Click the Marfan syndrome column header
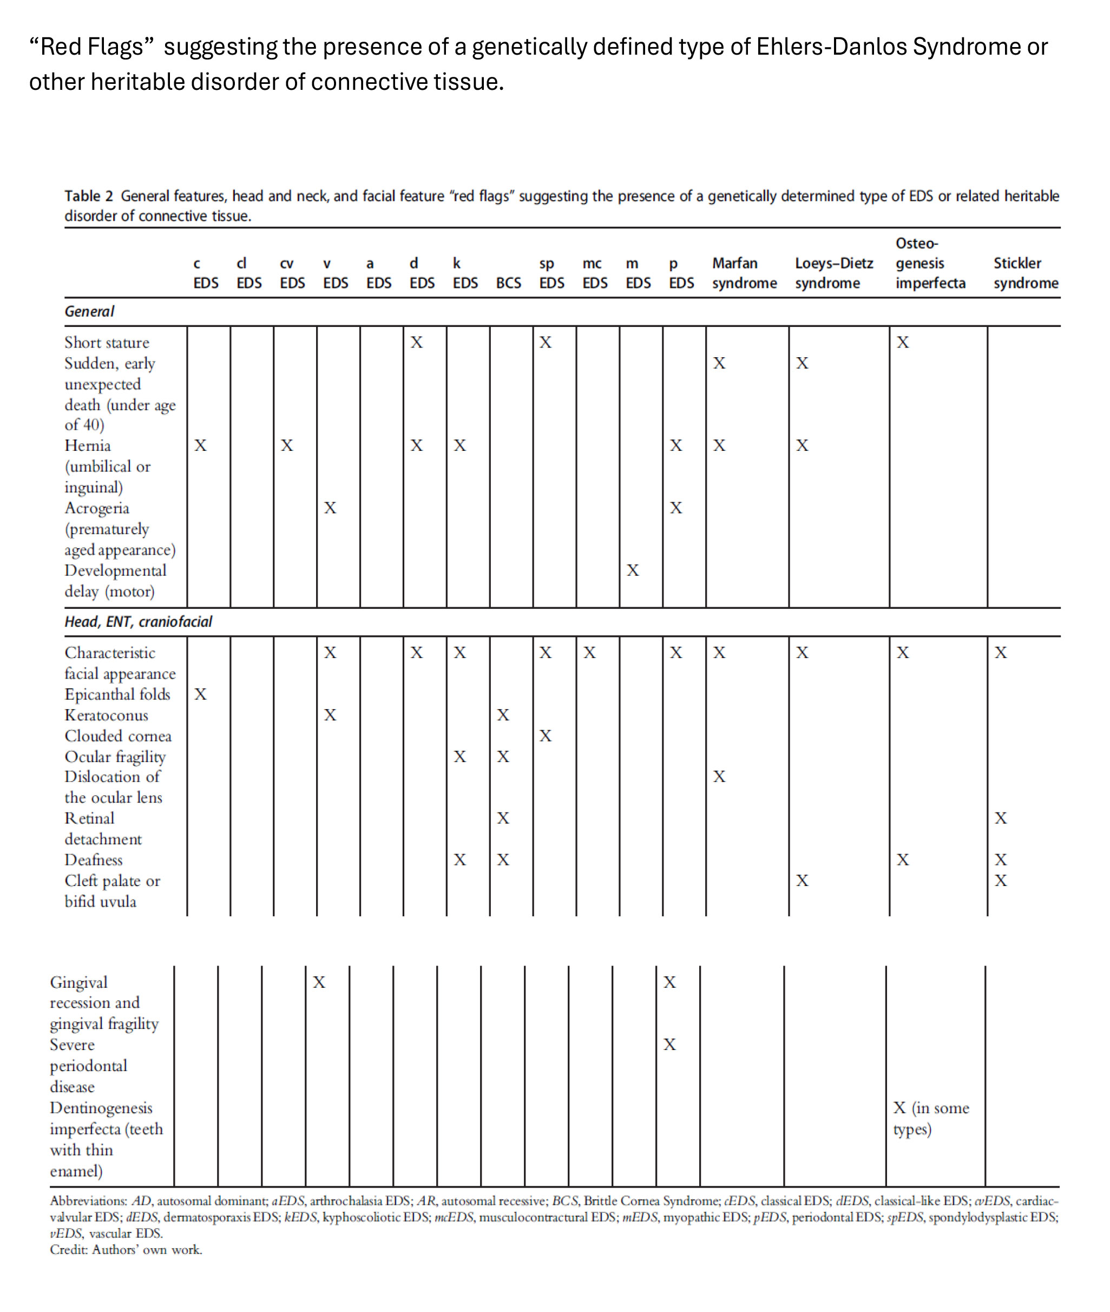click(744, 273)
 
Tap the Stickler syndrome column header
click(1025, 273)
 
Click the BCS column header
click(508, 283)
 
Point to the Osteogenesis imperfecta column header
click(930, 263)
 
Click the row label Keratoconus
click(106, 716)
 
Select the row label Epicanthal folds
click(117, 694)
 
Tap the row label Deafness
click(93, 860)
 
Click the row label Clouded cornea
click(117, 736)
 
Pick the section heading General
click(89, 311)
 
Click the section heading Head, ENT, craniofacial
click(138, 622)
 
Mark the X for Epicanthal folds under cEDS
click(200, 694)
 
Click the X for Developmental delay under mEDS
click(633, 570)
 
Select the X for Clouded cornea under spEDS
click(545, 736)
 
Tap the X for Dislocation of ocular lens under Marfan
click(719, 777)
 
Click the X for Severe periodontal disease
click(669, 1045)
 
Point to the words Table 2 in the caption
click(88, 196)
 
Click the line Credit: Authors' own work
click(126, 1250)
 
